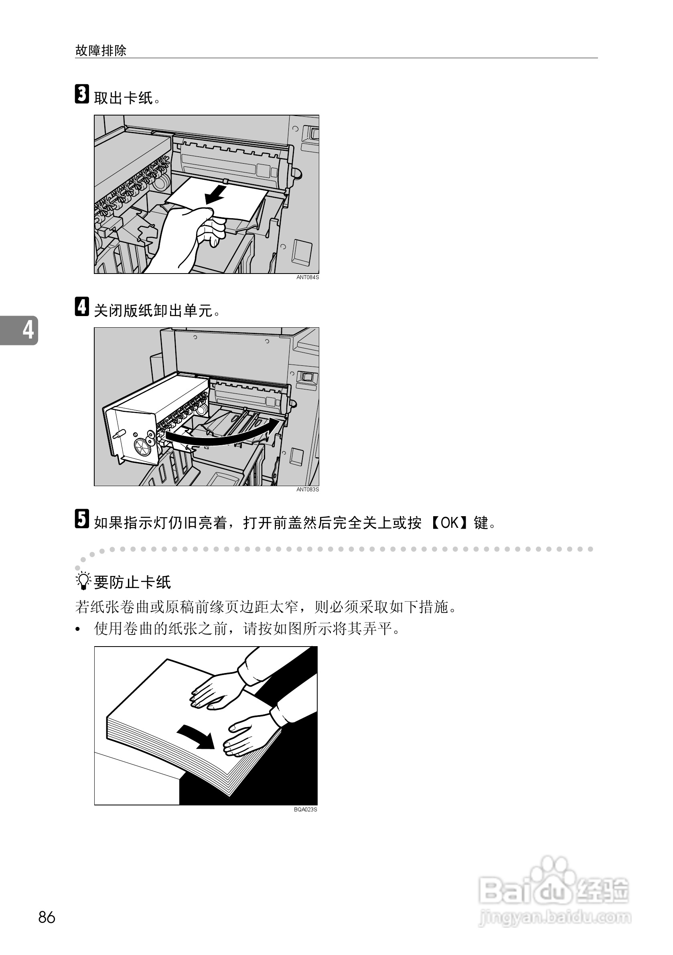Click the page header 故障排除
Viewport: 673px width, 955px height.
(x=101, y=51)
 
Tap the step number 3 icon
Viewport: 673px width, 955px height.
(x=82, y=94)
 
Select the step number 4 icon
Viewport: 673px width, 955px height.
(x=82, y=306)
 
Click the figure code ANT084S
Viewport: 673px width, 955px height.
(x=307, y=278)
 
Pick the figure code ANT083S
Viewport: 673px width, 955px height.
(x=307, y=490)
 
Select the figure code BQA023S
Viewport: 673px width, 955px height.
(x=305, y=809)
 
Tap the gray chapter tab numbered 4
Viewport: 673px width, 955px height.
(x=21, y=330)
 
